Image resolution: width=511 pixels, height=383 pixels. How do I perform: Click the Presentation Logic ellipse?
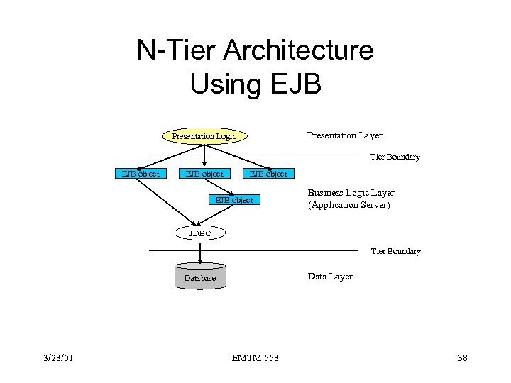click(204, 136)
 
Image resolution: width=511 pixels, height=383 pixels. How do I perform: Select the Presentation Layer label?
click(344, 135)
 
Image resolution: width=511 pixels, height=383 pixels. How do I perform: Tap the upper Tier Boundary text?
click(395, 157)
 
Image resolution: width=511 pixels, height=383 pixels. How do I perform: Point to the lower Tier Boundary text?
click(395, 251)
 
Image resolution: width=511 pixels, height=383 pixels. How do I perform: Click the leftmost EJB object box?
click(141, 174)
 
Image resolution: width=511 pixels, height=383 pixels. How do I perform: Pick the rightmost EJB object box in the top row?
click(267, 174)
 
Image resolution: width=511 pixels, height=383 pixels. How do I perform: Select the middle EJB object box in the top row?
click(204, 174)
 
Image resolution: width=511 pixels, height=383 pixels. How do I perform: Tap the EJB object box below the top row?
click(234, 200)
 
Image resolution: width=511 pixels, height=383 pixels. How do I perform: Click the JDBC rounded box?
click(200, 233)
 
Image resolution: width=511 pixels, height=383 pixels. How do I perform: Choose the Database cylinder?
click(200, 277)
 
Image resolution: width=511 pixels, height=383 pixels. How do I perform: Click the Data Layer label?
click(329, 277)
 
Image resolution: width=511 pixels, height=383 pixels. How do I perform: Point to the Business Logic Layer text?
click(351, 193)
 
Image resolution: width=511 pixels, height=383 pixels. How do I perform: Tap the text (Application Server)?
click(348, 205)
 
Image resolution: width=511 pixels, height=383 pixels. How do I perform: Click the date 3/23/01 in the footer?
click(57, 358)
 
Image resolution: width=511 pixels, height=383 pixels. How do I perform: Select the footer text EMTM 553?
click(255, 358)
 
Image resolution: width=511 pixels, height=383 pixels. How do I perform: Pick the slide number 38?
click(463, 358)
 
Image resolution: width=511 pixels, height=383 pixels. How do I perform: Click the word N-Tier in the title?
click(175, 51)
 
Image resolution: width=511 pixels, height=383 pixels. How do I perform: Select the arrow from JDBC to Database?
click(201, 251)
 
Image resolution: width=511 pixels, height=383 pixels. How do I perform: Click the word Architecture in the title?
click(298, 51)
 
